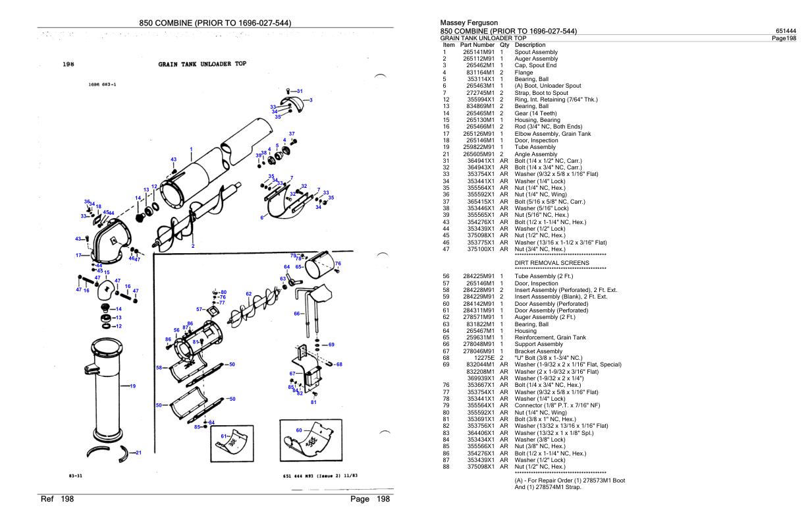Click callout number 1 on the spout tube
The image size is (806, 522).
click(190, 148)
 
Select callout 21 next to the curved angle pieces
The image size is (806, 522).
click(138, 452)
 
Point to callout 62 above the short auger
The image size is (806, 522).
click(248, 293)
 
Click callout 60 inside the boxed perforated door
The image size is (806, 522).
click(298, 430)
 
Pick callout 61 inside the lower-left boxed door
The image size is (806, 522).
click(223, 436)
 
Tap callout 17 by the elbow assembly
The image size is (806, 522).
click(77, 255)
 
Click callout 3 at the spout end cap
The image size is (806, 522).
click(310, 100)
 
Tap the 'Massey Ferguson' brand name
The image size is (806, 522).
click(465, 24)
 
